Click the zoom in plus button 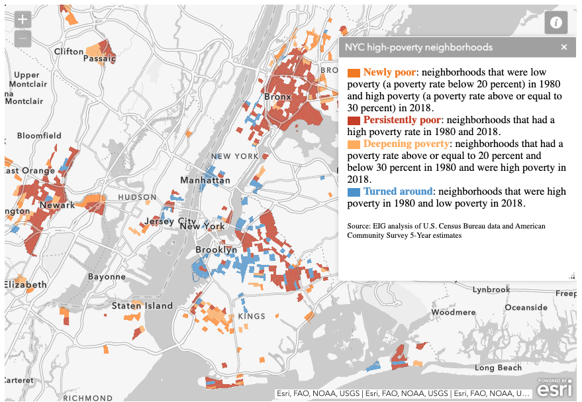[x=23, y=19]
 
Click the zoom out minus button [x=23, y=38]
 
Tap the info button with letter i [x=556, y=23]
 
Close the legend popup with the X [x=564, y=47]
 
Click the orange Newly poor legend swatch [x=354, y=72]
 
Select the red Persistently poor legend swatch [x=354, y=120]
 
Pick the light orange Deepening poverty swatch [x=354, y=144]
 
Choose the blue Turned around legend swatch [x=354, y=191]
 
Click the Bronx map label [x=278, y=97]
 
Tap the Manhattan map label [x=207, y=180]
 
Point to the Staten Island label [x=142, y=305]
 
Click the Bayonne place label [x=107, y=276]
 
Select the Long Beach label [x=498, y=368]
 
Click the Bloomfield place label [x=39, y=136]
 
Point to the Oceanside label [x=526, y=307]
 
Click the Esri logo [x=555, y=389]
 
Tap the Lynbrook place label [x=491, y=289]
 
